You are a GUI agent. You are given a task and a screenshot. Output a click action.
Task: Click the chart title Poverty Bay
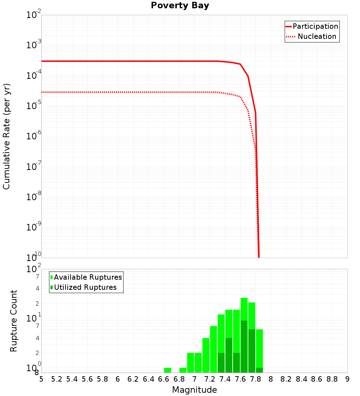coord(180,6)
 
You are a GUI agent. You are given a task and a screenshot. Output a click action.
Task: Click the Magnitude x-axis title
coord(194,390)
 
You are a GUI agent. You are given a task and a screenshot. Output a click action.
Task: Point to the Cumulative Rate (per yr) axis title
coord(6,136)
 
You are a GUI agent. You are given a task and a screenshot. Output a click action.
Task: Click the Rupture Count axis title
coord(14,321)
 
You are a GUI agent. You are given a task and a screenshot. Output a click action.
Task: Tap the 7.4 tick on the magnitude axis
coord(225,379)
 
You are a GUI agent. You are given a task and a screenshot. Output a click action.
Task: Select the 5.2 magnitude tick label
coord(57,379)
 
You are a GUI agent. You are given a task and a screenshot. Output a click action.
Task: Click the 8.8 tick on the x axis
coord(332,379)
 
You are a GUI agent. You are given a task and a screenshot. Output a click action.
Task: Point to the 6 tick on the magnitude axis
coord(118,379)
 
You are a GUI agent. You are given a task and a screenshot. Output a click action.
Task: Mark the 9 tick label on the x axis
coord(347,379)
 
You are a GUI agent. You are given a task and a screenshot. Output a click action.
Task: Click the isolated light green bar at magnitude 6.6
coord(167,370)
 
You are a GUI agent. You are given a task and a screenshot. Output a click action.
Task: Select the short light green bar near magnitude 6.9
coord(183,370)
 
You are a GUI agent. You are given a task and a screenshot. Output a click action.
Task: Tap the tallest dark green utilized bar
coord(244,346)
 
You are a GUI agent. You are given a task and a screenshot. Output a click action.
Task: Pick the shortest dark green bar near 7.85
coord(259,370)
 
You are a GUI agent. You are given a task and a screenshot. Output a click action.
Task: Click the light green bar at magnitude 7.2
coord(206,355)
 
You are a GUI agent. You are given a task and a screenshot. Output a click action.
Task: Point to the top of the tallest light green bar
coord(244,298)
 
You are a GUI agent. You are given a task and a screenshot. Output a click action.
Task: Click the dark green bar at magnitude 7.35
coord(221,363)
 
